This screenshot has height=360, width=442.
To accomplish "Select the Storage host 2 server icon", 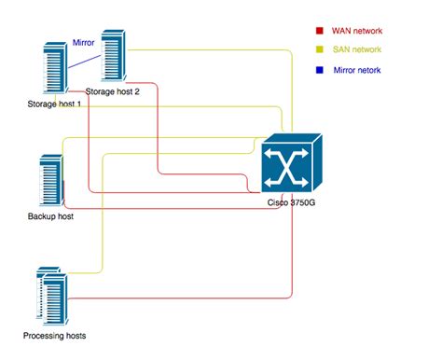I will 114,57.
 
